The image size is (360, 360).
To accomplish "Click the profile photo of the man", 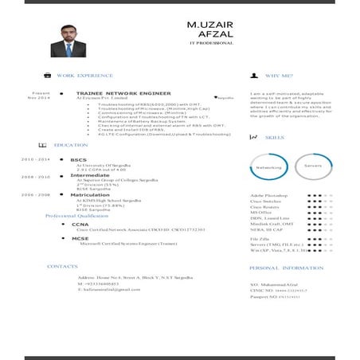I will [x=68, y=41].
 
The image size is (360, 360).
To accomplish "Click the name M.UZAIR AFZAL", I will [x=209, y=29].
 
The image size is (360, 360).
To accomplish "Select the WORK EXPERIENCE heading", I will [x=84, y=75].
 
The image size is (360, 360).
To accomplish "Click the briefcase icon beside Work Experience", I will [x=47, y=75].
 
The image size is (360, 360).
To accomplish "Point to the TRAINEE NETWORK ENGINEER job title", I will [x=123, y=93].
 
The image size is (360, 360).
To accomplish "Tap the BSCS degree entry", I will [x=78, y=159].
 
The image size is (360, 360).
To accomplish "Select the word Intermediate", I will [x=90, y=175].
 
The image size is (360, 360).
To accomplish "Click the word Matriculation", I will [x=90, y=194].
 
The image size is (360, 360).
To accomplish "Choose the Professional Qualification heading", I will [x=76, y=216].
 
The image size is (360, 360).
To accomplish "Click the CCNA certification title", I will [x=80, y=225].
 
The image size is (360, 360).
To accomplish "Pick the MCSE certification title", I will [x=80, y=238].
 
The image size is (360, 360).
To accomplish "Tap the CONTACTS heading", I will [x=62, y=266].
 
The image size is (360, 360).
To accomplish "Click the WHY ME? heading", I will [x=278, y=76].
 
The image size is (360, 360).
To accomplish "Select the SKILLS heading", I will [x=274, y=137].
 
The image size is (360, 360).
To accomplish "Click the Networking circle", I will [x=268, y=167].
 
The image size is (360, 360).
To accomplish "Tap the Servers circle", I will [x=313, y=166].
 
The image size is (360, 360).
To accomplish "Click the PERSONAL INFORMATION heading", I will [x=286, y=268].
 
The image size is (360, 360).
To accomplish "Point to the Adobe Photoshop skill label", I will [x=268, y=194].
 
